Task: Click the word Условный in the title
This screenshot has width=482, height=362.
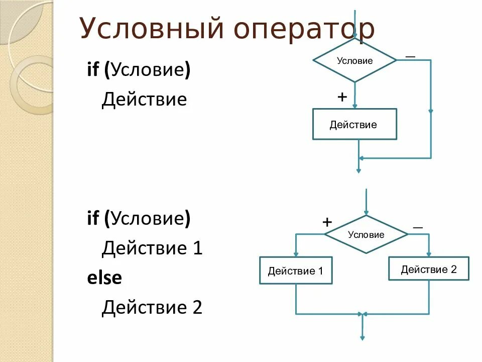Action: [151, 29]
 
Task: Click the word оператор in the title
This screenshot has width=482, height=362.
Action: [304, 30]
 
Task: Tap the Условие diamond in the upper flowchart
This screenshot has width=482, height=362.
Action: [354, 60]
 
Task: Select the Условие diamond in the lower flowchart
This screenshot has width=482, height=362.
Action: [366, 234]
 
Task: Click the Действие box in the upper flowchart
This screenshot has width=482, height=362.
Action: [354, 124]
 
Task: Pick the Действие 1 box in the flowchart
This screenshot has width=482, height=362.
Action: [296, 271]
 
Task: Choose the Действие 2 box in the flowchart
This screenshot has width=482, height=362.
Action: [429, 269]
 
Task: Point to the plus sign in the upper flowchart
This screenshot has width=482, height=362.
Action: [342, 97]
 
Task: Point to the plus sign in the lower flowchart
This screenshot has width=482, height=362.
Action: [327, 222]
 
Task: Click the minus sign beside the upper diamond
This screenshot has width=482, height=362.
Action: [410, 56]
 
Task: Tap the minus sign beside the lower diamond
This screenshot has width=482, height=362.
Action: [418, 228]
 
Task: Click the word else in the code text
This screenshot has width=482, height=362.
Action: [104, 278]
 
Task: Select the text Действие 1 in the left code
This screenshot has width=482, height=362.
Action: [152, 248]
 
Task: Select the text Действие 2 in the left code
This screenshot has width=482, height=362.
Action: [152, 307]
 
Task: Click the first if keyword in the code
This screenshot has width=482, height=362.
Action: [93, 70]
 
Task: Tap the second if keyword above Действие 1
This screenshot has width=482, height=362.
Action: [93, 219]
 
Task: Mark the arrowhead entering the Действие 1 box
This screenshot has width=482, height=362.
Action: [296, 254]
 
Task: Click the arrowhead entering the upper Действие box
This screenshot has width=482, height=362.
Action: [354, 106]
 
